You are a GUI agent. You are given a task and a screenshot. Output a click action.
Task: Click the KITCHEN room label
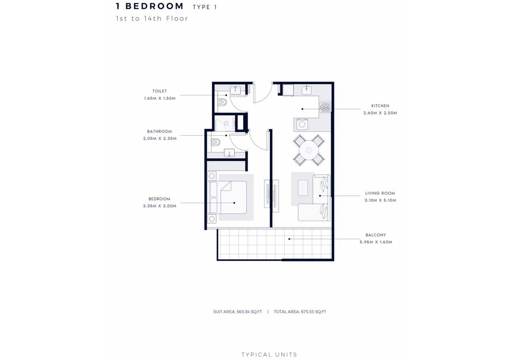380,106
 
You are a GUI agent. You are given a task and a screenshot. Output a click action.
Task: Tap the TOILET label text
159,91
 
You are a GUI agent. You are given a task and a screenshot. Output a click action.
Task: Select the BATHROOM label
159,131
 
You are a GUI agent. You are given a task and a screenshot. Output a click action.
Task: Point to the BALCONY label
376,235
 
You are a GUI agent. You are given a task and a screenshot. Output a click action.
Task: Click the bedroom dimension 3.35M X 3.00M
159,206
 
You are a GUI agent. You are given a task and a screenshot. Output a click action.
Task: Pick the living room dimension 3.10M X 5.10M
380,200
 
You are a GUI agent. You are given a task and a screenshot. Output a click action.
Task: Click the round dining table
309,150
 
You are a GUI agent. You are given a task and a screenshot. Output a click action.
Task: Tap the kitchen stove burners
325,107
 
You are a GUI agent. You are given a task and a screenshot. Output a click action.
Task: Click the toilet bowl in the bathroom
216,142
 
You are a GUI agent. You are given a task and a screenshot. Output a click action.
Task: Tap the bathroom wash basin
229,153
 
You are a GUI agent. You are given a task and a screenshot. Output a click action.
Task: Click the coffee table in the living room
303,188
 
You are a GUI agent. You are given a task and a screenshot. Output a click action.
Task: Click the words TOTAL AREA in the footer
287,312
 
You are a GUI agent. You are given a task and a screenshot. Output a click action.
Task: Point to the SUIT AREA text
224,312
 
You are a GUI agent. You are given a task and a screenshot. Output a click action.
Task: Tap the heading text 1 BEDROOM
150,6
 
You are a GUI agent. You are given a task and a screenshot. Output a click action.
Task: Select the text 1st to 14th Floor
152,18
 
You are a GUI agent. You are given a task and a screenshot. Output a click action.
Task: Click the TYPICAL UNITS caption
269,355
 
